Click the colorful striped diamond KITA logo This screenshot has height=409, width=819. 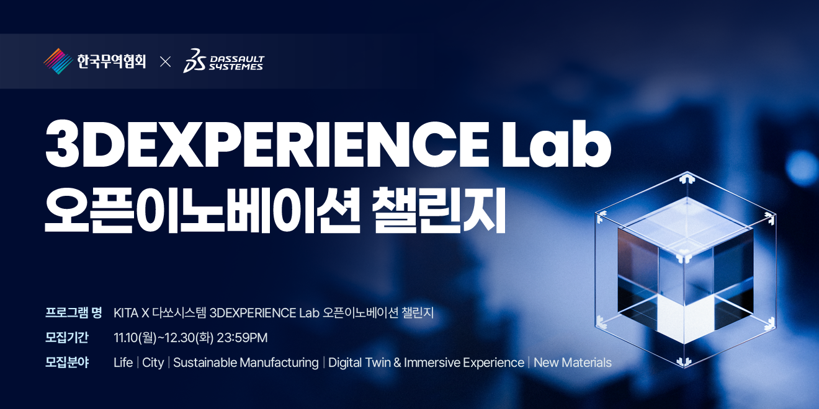pos(58,61)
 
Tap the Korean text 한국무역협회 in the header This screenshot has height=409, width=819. pos(111,61)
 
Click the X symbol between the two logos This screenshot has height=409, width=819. pos(165,62)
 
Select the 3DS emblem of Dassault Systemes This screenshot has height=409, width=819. pos(194,61)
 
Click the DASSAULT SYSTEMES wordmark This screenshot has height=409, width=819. pos(236,63)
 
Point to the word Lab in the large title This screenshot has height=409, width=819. pos(556,143)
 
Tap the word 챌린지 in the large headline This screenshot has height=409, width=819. pos(439,210)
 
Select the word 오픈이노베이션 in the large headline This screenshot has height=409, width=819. pos(202,210)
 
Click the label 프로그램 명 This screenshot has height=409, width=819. pos(73,313)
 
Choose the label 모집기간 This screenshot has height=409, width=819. pos(66,337)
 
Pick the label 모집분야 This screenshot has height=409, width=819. pos(67,363)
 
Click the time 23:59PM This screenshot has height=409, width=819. pos(242,338)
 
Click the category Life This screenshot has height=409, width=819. pos(123,363)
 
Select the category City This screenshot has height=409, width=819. pos(153,363)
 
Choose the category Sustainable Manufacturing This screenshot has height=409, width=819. pos(246,363)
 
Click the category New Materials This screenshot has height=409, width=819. pos(573,363)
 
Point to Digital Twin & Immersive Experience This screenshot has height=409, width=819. pos(426,363)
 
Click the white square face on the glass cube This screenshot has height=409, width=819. pos(684,318)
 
